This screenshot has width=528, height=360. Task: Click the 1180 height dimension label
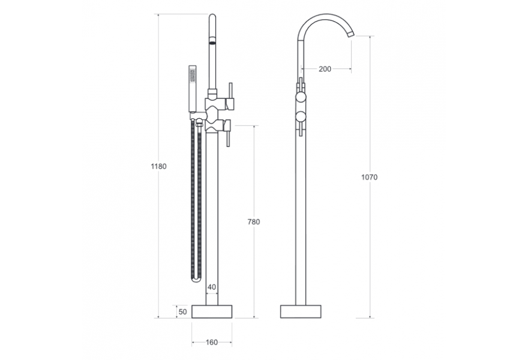(158, 166)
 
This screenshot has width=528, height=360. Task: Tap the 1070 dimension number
(370, 177)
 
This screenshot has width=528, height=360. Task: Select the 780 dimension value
(254, 222)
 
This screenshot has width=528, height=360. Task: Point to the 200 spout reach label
(325, 69)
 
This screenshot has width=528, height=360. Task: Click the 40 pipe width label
(212, 287)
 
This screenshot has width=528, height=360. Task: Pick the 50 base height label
(182, 312)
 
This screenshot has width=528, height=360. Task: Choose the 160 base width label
(212, 343)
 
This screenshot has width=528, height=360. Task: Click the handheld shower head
(193, 88)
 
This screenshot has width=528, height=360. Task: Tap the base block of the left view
(212, 311)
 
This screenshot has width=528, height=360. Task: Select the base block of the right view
(301, 311)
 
